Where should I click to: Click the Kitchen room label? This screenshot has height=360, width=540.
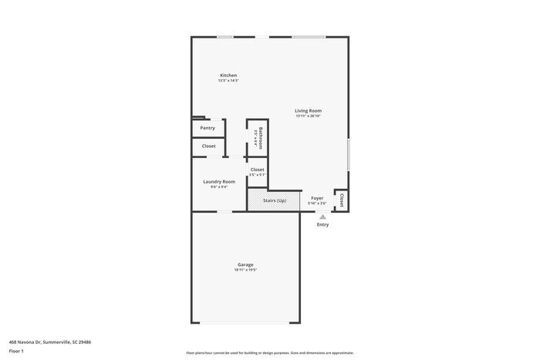click(228, 76)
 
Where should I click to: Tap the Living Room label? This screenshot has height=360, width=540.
click(308, 111)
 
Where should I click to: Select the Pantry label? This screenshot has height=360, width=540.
click(208, 128)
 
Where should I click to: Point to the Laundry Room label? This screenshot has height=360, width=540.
click(219, 182)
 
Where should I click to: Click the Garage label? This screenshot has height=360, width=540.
click(245, 264)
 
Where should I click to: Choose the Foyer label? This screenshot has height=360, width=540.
click(317, 198)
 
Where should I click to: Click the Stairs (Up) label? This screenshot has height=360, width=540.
click(275, 200)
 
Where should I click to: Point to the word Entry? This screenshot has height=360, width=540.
click(322, 224)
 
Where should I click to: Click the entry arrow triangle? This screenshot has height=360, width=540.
click(322, 217)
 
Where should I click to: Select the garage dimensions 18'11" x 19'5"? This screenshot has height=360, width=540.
click(245, 270)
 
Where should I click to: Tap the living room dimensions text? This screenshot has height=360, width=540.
click(308, 116)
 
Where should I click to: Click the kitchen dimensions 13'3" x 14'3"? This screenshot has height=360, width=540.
click(228, 80)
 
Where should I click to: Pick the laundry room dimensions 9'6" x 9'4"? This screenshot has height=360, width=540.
click(219, 187)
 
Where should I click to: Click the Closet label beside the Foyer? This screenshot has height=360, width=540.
click(341, 200)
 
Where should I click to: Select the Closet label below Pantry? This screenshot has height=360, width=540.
click(209, 146)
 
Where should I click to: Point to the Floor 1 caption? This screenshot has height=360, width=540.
click(16, 351)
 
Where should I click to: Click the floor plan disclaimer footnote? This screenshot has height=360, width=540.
click(269, 352)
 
